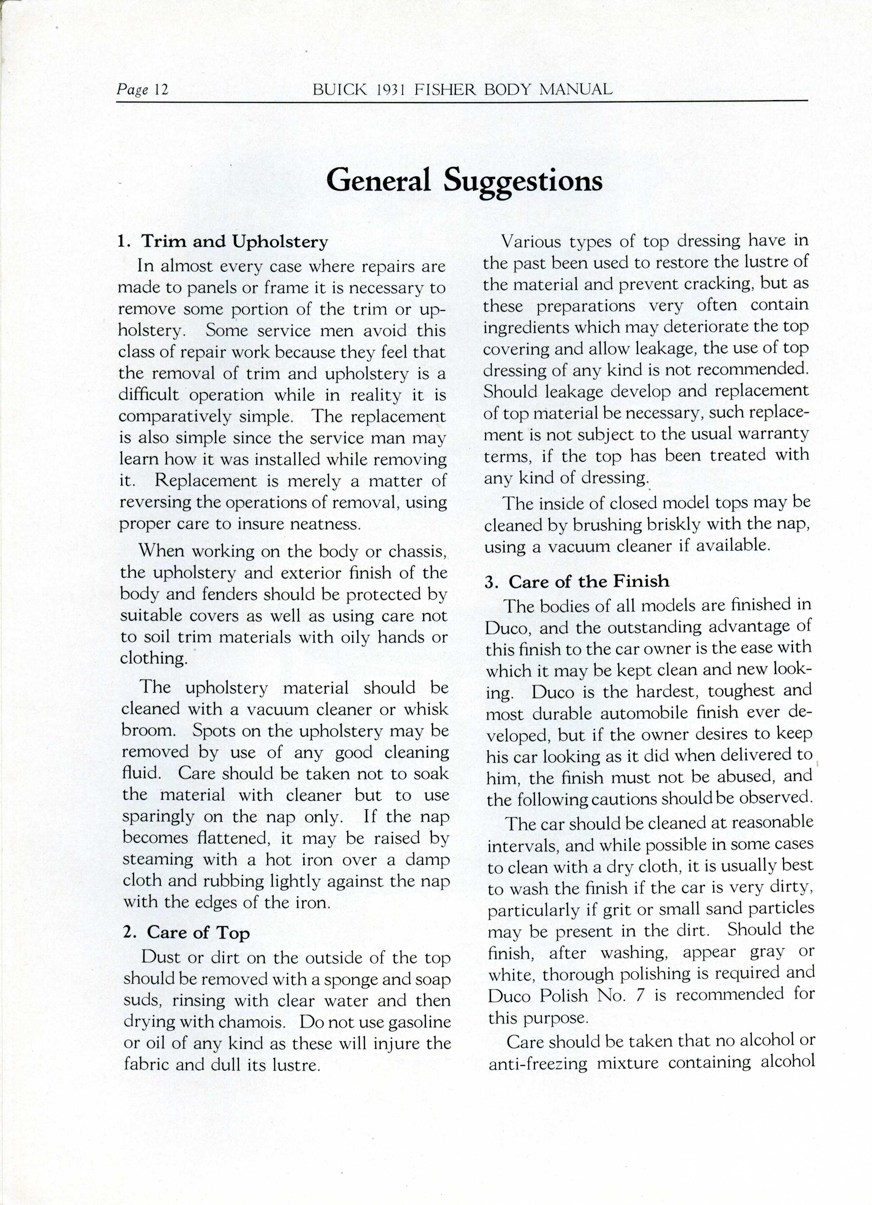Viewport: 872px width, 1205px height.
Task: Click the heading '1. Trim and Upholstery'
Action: coord(223,242)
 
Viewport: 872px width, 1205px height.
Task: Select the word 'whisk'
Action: coord(426,709)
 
